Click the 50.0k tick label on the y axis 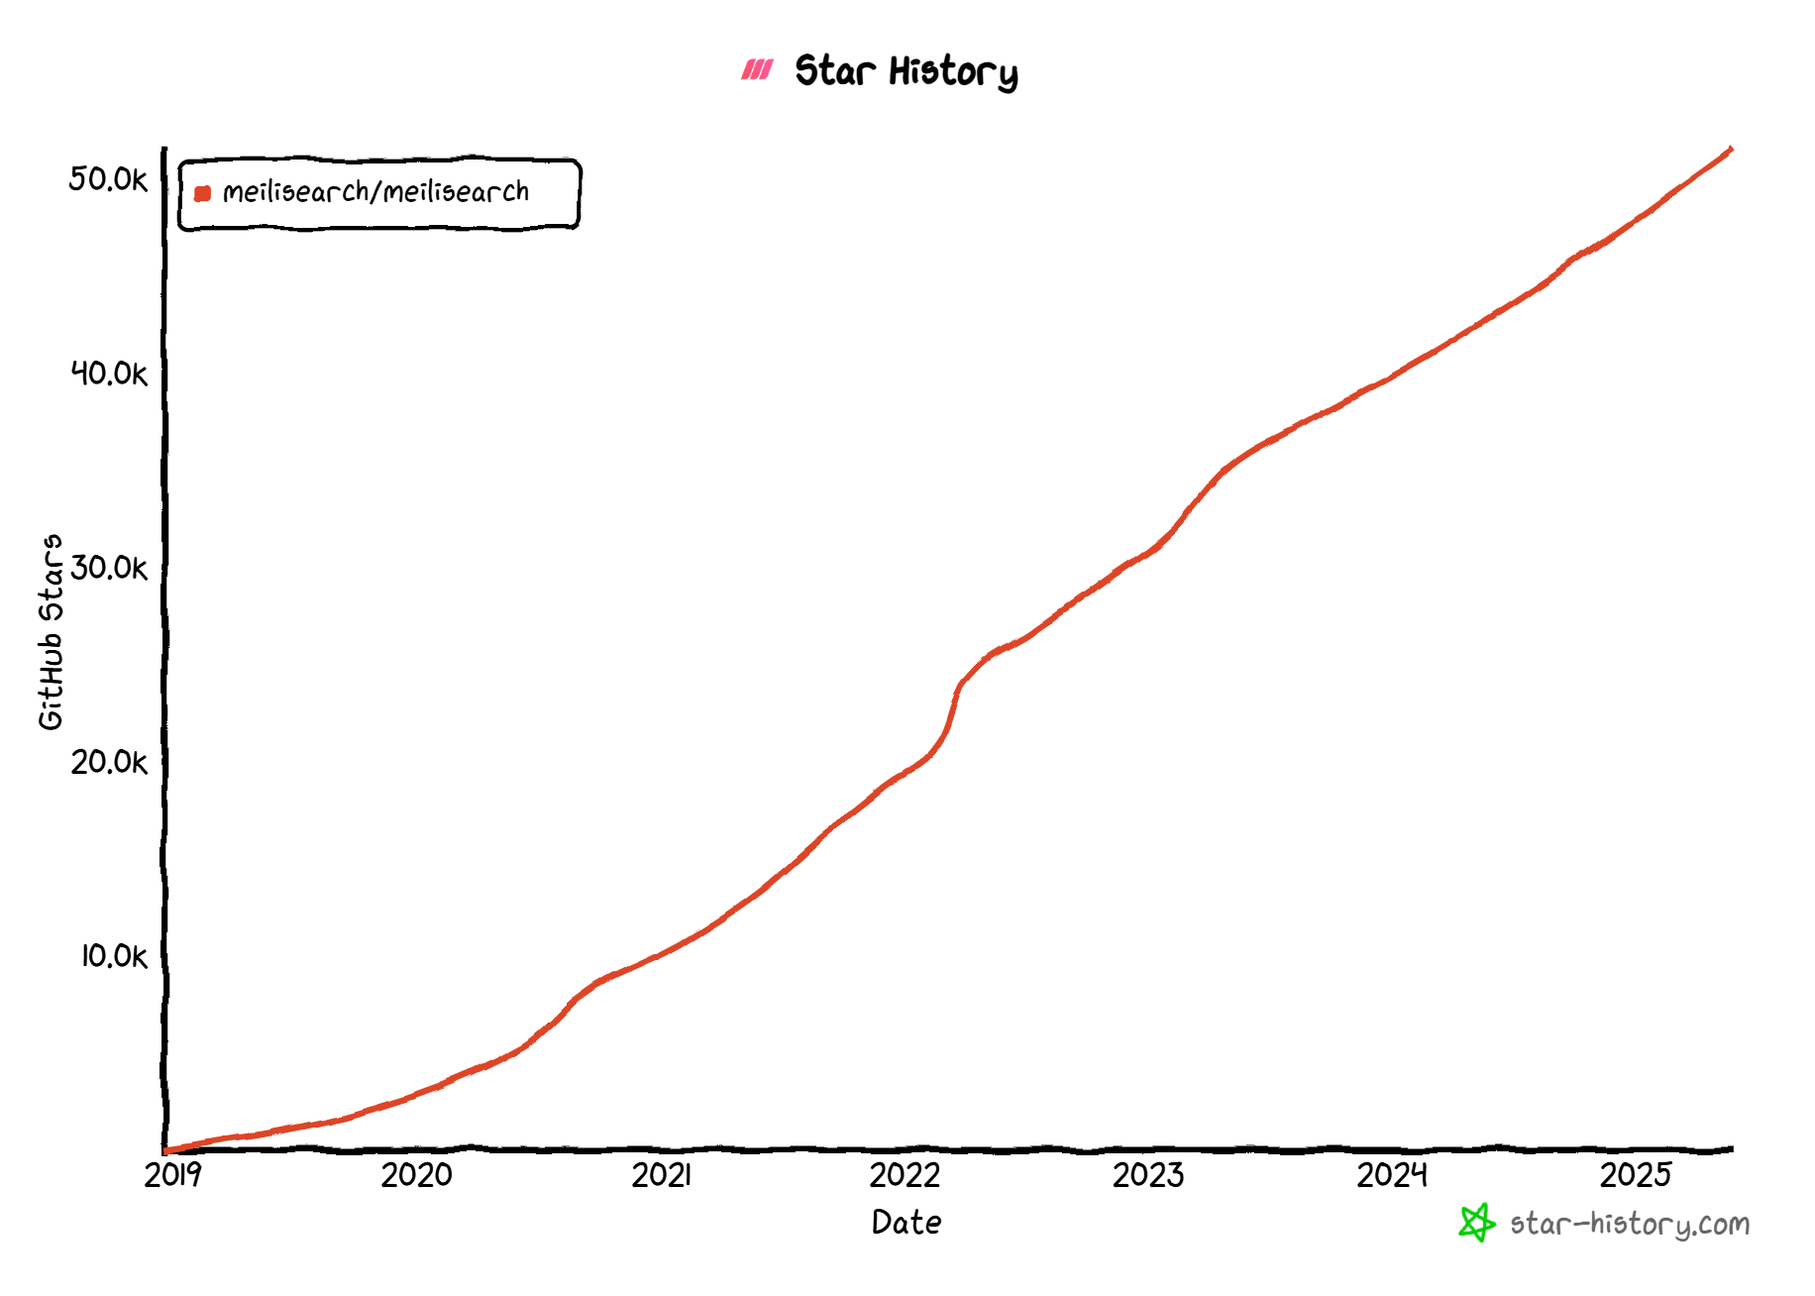point(108,179)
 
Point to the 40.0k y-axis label point(109,374)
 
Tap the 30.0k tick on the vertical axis point(109,568)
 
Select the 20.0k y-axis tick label point(109,762)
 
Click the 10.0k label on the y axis point(113,956)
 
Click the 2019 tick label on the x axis point(172,1175)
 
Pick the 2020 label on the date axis point(416,1175)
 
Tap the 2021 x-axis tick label point(661,1175)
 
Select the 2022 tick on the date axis point(905,1175)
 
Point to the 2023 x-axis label point(1148,1175)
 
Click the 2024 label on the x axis point(1392,1175)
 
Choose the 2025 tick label point(1636,1175)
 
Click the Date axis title point(907,1223)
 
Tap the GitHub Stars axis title point(51,632)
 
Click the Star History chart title point(906,71)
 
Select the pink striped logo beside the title point(757,69)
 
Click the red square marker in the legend point(203,193)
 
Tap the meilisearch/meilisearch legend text point(375,191)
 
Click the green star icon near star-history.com point(1476,1223)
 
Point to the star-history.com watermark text point(1630,1225)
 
